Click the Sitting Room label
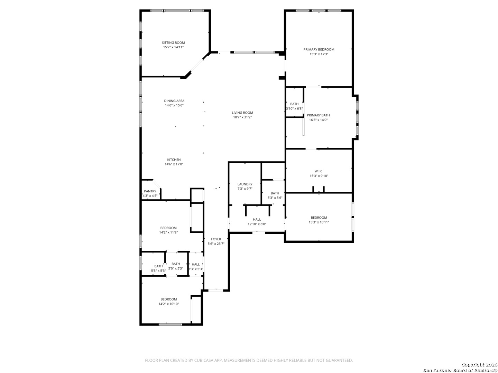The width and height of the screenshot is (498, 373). point(173,42)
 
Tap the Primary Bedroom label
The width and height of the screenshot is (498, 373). point(319,49)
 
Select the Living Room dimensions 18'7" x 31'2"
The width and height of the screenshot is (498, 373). point(242,117)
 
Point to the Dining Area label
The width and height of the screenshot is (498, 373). point(174,101)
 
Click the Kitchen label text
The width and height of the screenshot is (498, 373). point(174,160)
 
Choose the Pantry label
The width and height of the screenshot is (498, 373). point(150,191)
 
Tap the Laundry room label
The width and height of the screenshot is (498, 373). point(245,184)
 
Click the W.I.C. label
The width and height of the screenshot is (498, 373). point(319,171)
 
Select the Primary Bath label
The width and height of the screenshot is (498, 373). point(318,115)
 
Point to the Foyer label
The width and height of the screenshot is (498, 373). point(216,239)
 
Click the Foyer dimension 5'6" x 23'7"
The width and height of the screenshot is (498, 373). point(216,244)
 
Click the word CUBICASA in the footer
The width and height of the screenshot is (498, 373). point(204,360)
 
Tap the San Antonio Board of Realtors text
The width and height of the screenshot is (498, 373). point(460,370)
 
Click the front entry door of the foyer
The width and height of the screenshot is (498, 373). point(215,290)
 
